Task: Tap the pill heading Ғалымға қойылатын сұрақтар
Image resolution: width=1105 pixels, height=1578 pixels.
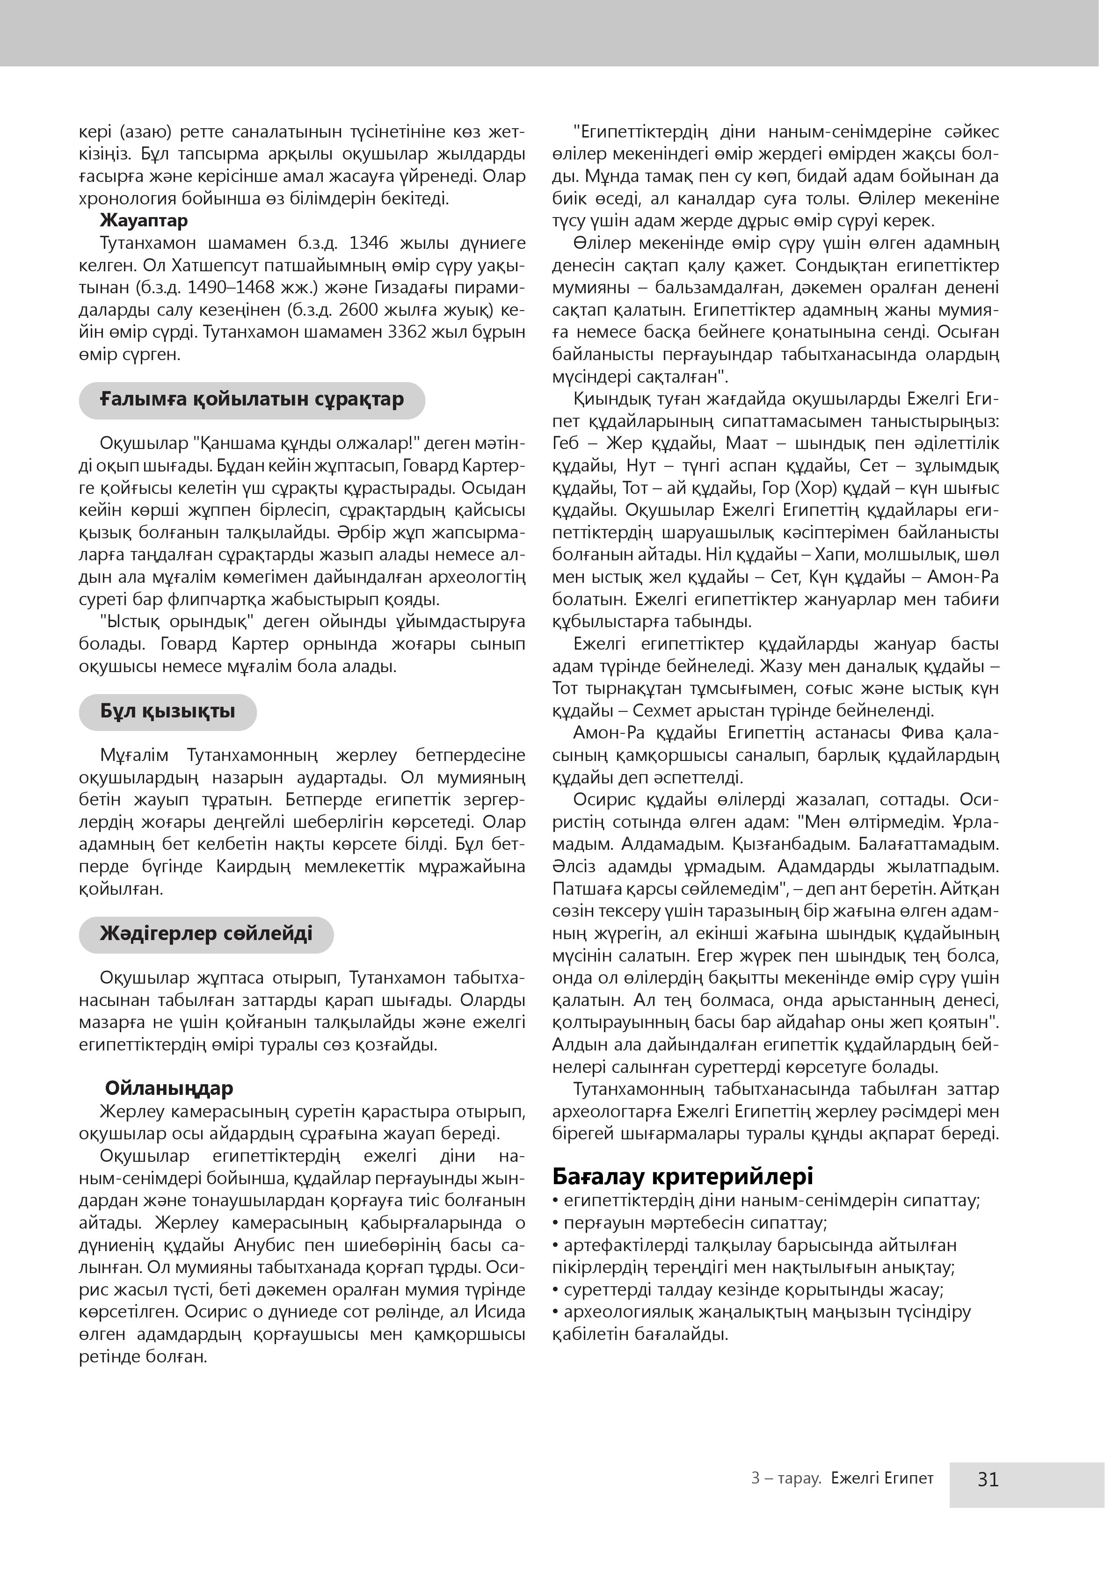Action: coord(252,399)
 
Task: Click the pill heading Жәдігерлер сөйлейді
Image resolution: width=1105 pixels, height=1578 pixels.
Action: coord(206,934)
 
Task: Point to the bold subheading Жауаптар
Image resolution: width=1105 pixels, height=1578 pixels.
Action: coord(144,221)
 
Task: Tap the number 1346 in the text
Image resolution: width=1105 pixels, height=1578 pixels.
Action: coord(372,243)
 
